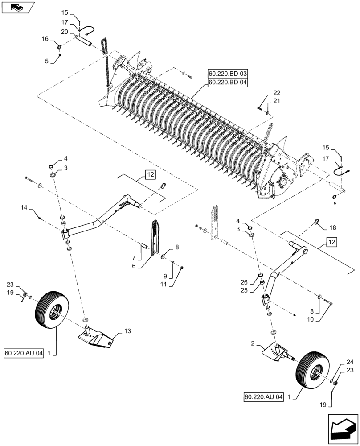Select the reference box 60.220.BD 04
tap(227, 82)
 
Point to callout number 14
tap(24, 207)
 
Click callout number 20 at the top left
tap(65, 32)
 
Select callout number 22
tap(277, 93)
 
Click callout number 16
tap(45, 39)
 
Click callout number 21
tap(277, 102)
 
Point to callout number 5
tap(46, 61)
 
